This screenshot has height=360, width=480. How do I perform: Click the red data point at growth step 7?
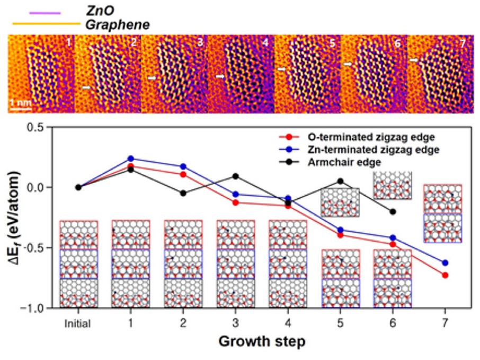click(445, 275)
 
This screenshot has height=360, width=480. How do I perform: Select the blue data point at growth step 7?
click(445, 263)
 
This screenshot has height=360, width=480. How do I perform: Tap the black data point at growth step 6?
click(393, 212)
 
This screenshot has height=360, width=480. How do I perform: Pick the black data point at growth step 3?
click(236, 176)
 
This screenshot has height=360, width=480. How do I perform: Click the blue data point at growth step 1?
click(131, 159)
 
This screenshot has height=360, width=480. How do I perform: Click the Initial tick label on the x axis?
click(78, 322)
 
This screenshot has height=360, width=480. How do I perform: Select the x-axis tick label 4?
click(288, 322)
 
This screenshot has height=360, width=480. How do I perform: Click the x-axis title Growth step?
click(262, 342)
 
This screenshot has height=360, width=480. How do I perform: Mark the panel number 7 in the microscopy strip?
click(463, 43)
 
